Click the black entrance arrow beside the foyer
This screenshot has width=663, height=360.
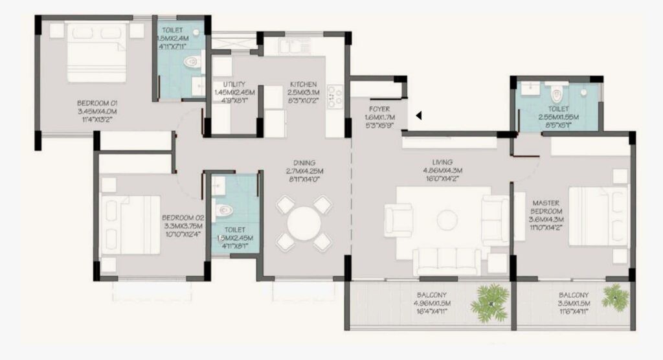(419, 116)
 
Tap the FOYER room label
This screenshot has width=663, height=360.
(379, 109)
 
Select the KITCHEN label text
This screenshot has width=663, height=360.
(303, 84)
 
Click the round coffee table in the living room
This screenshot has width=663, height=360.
(447, 219)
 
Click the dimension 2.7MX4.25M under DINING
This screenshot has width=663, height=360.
(304, 172)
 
